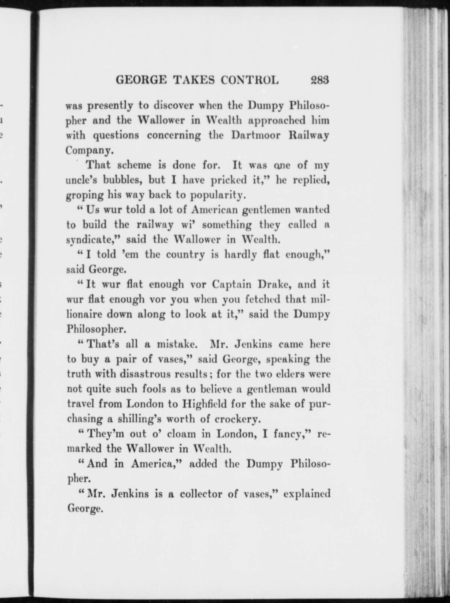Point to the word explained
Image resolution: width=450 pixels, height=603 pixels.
pos(307,494)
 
